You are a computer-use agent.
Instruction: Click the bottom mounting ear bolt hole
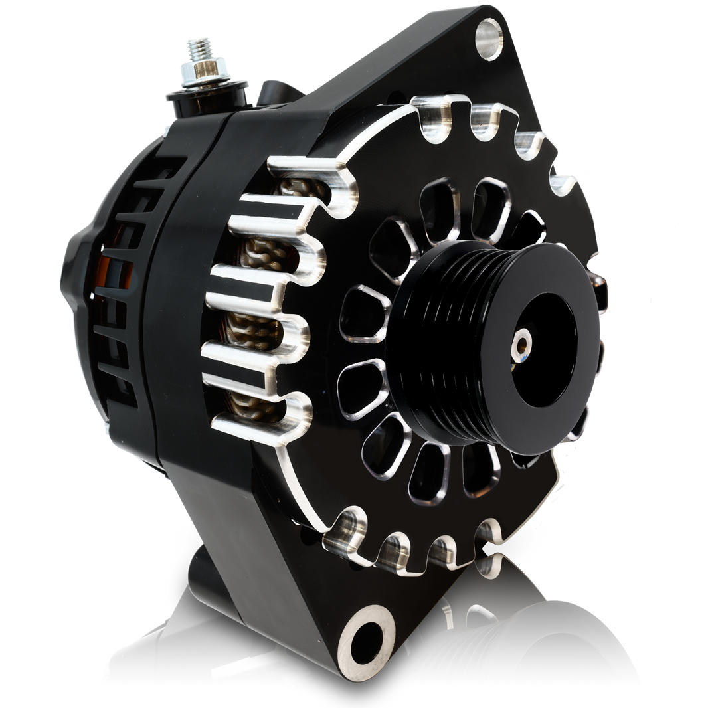[365, 637]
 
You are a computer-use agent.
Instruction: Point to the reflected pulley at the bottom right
[545, 658]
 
